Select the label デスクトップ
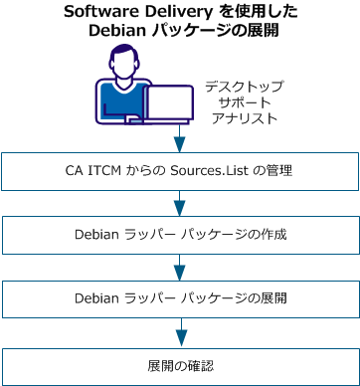point(244,87)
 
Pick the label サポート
point(244,101)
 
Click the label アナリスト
point(244,117)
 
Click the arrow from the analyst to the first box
point(180,136)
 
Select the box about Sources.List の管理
point(180,171)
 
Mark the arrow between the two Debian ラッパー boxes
point(180,267)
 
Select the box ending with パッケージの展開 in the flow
point(180,297)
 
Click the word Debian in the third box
point(98,297)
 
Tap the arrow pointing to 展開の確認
point(180,330)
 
